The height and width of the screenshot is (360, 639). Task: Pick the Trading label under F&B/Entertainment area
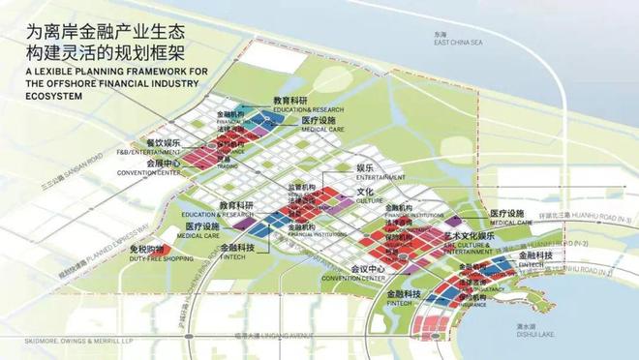coord(228,165)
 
